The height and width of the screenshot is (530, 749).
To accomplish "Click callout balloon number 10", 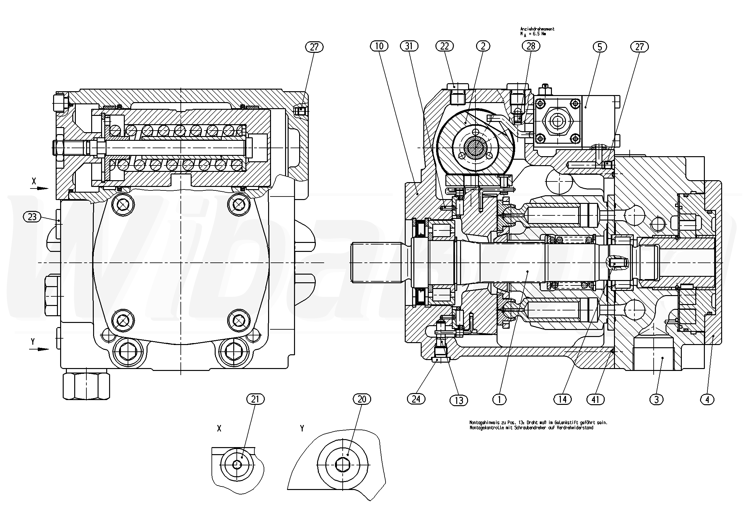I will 379,46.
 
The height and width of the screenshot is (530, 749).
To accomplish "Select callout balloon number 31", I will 409,46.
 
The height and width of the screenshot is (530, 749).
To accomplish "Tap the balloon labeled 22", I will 445,46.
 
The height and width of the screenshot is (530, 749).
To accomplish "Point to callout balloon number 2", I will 483,46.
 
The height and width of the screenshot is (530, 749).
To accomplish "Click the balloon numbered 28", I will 531,46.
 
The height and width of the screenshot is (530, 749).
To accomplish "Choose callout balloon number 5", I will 600,47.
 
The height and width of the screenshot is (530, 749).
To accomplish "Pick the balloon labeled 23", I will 32,217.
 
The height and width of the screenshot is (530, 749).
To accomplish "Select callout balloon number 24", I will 416,399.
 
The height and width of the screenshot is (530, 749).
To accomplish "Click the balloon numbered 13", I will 459,400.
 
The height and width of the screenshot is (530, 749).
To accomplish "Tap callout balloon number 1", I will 499,399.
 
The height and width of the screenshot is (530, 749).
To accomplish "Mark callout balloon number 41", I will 595,399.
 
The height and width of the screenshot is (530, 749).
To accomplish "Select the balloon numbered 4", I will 707,399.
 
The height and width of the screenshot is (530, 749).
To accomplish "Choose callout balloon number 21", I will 255,399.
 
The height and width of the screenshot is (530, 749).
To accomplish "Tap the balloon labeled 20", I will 362,399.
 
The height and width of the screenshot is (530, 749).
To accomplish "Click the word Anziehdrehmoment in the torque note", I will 537,29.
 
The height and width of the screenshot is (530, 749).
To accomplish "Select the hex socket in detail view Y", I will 343,464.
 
